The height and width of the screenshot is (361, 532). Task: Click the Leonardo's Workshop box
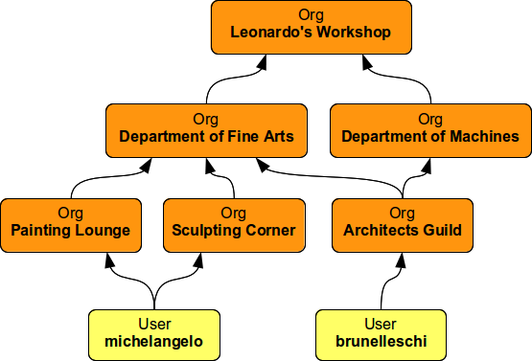tap(311, 26)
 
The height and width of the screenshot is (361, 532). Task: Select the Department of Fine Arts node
tap(206, 129)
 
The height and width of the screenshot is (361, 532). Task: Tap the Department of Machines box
tap(430, 129)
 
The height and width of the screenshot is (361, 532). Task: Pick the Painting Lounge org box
tap(71, 223)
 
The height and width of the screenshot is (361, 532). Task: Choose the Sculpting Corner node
tap(234, 223)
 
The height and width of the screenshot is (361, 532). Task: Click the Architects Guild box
tap(403, 223)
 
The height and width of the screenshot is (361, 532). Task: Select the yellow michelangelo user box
tap(155, 331)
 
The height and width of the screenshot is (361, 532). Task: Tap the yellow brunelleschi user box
tap(381, 331)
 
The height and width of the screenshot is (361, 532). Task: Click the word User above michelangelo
tap(155, 324)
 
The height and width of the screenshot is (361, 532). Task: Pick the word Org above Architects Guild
tap(403, 214)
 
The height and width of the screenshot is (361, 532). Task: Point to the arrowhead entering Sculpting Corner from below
tap(206, 259)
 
